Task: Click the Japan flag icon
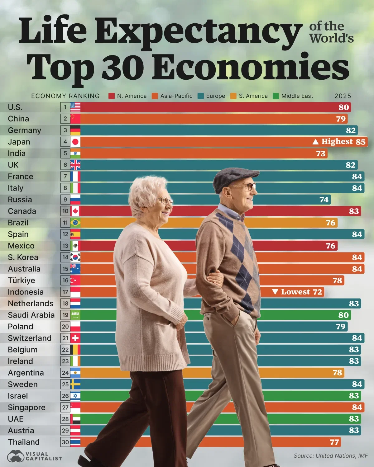coord(75,142)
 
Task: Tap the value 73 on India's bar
coord(321,154)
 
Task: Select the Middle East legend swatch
coord(276,96)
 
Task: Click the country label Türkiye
coord(21,281)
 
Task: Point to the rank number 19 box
coord(65,315)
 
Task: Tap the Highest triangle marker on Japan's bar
coord(315,142)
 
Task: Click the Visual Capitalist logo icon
coord(16,456)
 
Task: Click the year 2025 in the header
coord(343,96)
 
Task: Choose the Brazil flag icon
coord(75,223)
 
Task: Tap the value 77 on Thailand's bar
coord(334,442)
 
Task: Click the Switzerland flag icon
coord(75,338)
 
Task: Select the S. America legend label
coord(253,96)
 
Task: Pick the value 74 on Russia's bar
coord(324,200)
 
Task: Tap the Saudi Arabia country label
coord(31,315)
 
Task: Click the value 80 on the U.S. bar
coord(343,107)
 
